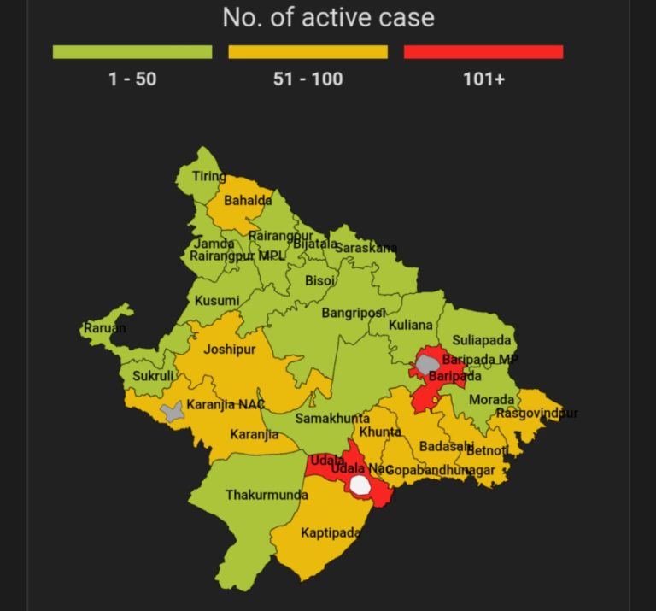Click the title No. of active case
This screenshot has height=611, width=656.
(328, 17)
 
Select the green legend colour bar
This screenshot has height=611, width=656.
(132, 52)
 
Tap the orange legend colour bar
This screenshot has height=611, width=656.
(307, 52)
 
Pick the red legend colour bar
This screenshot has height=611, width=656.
(483, 52)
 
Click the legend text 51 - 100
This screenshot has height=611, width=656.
(307, 79)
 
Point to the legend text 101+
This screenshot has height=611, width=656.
(483, 79)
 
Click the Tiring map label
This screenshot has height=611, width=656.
(209, 177)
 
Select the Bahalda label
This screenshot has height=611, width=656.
(248, 202)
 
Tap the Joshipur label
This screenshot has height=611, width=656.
(231, 350)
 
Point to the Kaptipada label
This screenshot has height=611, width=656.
(331, 533)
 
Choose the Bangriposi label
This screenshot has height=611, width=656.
(354, 314)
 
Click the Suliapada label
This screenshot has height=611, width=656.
(482, 340)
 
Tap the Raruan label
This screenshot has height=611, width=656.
(104, 328)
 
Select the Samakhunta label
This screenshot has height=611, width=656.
(332, 419)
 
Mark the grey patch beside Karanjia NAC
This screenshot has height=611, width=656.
(173, 413)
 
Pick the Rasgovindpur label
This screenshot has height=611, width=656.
(536, 414)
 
